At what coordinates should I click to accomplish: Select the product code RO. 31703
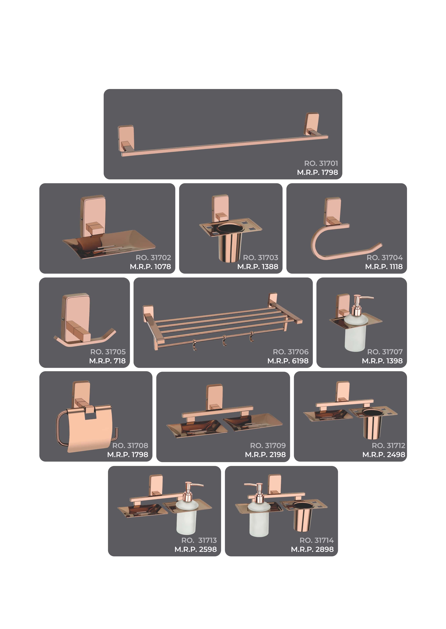pos(261,258)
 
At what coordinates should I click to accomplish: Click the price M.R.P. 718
pos(107,361)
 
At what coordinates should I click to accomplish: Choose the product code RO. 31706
pos(291,352)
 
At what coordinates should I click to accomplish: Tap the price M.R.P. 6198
pos(288,361)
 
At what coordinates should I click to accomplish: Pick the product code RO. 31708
pos(130,446)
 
